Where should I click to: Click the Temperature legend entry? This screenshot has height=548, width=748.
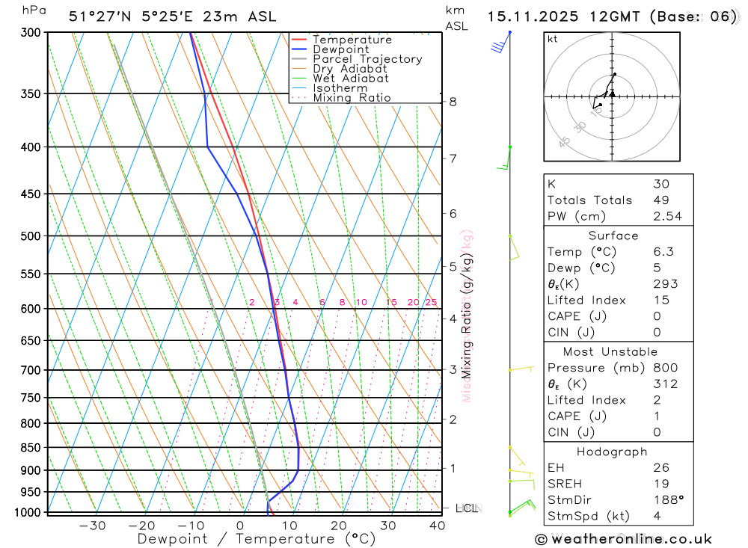pyautogui.click(x=352, y=40)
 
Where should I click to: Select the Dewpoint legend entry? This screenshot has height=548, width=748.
pyautogui.click(x=340, y=49)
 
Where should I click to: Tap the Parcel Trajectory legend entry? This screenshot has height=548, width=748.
pyautogui.click(x=367, y=59)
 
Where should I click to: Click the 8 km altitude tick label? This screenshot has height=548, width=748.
pyautogui.click(x=453, y=102)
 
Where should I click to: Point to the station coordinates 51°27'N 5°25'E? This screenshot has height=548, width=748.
pyautogui.click(x=132, y=16)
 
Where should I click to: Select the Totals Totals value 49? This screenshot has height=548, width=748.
pyautogui.click(x=661, y=200)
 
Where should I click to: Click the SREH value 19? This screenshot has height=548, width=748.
pyautogui.click(x=661, y=484)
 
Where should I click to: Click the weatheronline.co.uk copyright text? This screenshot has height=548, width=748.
pyautogui.click(x=623, y=539)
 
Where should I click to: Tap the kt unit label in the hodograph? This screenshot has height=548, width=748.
pyautogui.click(x=553, y=39)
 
